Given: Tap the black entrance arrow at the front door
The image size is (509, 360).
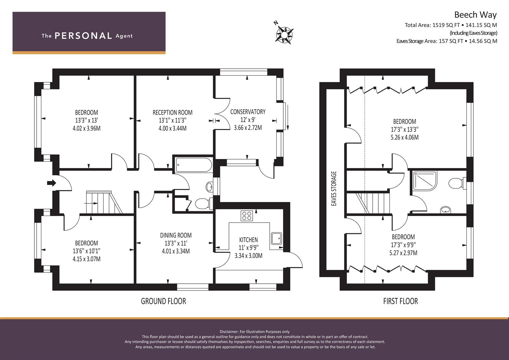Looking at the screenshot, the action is pyautogui.click(x=52, y=183).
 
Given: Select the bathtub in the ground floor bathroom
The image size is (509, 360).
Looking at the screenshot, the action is pyautogui.click(x=194, y=165).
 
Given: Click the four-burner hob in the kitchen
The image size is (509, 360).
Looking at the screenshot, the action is pyautogui.click(x=247, y=216).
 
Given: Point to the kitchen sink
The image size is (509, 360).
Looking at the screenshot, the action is pyautogui.click(x=276, y=238).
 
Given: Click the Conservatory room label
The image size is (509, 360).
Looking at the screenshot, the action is pyautogui.click(x=248, y=112).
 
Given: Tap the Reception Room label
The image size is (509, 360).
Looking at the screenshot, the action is pyautogui.click(x=172, y=113).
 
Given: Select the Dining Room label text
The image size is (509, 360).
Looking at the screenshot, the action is pyautogui.click(x=176, y=235).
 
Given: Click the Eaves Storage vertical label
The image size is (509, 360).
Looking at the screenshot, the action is pyautogui.click(x=334, y=189).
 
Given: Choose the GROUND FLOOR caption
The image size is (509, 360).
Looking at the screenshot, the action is pyautogui.click(x=163, y=301).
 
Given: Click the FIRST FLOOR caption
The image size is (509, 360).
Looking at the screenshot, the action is pyautogui.click(x=400, y=301).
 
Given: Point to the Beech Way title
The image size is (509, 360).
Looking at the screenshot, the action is pyautogui.click(x=475, y=15).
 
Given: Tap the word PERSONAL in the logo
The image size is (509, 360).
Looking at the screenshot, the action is pyautogui.click(x=83, y=36).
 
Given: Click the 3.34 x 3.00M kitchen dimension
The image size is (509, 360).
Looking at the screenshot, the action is pyautogui.click(x=248, y=256).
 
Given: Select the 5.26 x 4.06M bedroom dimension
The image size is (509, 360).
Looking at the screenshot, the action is pyautogui.click(x=404, y=137).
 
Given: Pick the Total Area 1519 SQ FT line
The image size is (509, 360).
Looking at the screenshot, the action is pyautogui.click(x=451, y=25).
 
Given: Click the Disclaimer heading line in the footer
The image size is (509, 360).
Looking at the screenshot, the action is pyautogui.click(x=255, y=332).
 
